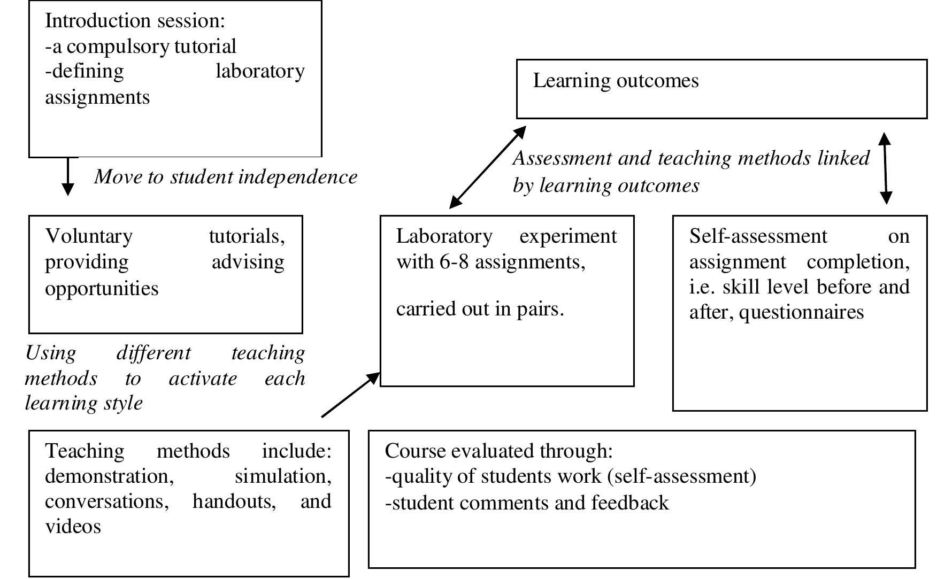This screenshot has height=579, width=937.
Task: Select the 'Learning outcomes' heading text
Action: tap(616, 81)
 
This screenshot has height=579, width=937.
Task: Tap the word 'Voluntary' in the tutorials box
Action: tap(89, 236)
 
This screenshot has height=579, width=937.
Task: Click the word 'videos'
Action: tap(73, 527)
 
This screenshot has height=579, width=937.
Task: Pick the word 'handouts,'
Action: tap(234, 501)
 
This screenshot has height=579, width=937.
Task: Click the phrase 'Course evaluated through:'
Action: tap(498, 451)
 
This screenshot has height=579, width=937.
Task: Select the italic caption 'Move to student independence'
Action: tap(226, 177)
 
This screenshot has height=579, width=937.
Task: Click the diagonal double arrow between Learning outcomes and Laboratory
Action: tap(488, 167)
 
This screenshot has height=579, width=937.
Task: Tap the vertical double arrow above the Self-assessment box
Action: tap(885, 168)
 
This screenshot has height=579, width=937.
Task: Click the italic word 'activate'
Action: tap(203, 379)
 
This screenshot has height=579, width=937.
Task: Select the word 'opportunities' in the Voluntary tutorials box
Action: tap(102, 289)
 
